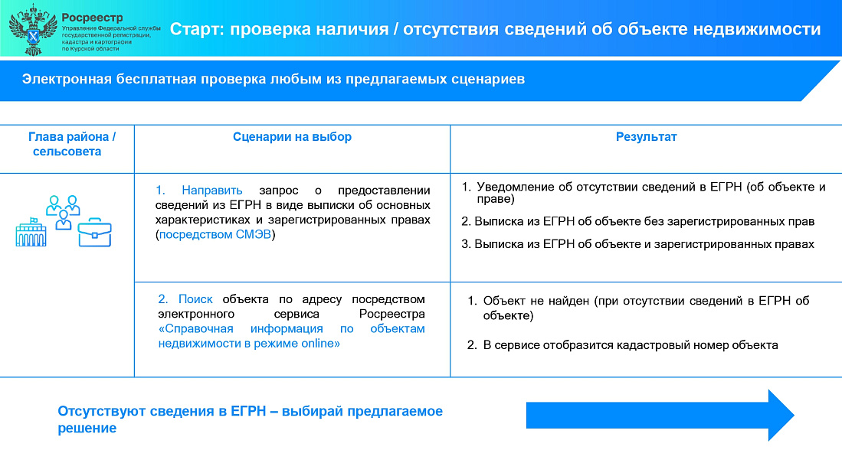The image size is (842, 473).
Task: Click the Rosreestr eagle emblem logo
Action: (33, 30)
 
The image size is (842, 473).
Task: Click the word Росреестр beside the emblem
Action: (92, 18)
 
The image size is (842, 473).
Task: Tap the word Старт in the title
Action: (197, 29)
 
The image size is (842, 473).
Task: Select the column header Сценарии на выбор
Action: (292, 137)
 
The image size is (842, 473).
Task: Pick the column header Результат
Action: (646, 137)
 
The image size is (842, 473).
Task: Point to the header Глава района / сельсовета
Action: (72, 144)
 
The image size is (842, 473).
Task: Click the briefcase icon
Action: (94, 232)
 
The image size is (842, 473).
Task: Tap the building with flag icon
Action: (31, 232)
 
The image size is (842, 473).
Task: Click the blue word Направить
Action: (211, 191)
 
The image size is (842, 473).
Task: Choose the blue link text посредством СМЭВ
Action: (215, 234)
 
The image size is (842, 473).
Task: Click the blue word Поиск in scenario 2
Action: (195, 299)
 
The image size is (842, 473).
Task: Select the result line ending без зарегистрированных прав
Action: (638, 221)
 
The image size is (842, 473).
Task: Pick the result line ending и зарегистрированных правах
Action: (638, 244)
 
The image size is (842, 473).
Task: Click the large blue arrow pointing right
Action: (660, 415)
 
